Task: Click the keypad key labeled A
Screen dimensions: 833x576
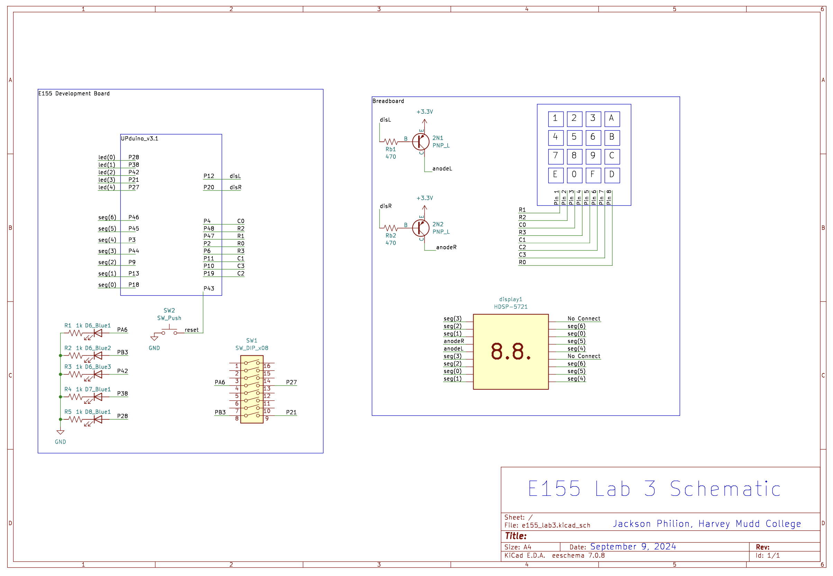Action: point(612,119)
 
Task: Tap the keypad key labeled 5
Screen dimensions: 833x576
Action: point(574,138)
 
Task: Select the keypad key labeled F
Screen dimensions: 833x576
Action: point(593,175)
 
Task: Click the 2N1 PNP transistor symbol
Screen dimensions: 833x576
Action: point(421,141)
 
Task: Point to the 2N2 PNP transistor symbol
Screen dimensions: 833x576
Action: point(421,228)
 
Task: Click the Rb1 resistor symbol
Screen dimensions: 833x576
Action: point(391,141)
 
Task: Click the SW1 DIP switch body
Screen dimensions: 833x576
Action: point(252,389)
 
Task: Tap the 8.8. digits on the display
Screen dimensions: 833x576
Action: point(511,352)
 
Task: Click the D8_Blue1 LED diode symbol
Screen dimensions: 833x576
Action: point(98,419)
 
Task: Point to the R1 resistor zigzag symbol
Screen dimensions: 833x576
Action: point(75,333)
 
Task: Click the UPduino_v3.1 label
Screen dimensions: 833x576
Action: point(139,139)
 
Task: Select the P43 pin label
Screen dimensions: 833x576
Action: point(209,288)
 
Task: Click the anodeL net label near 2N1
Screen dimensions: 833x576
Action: point(442,168)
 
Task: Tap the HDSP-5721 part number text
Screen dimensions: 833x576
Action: point(511,307)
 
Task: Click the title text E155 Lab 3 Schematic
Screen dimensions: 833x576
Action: point(654,489)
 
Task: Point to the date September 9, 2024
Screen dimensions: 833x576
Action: point(633,546)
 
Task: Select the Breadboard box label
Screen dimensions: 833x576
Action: point(388,101)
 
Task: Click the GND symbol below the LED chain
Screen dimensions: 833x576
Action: point(60,432)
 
